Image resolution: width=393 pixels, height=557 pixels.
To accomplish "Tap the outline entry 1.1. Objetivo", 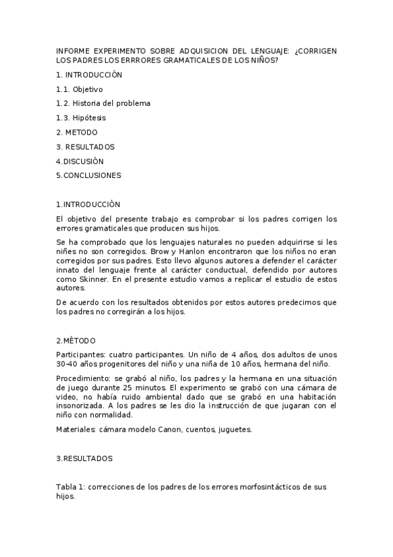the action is tap(79, 89).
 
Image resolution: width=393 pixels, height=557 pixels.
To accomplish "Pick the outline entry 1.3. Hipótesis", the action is tap(81, 118).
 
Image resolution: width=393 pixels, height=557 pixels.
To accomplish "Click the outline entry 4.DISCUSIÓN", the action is tap(79, 161).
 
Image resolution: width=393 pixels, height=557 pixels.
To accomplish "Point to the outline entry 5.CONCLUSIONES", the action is tap(89, 175).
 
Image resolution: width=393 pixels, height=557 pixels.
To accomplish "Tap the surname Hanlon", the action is tap(133, 251).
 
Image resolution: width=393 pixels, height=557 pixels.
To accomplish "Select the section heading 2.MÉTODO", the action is tap(75, 340).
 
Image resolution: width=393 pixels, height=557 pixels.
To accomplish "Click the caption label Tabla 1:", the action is tap(70, 487).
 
